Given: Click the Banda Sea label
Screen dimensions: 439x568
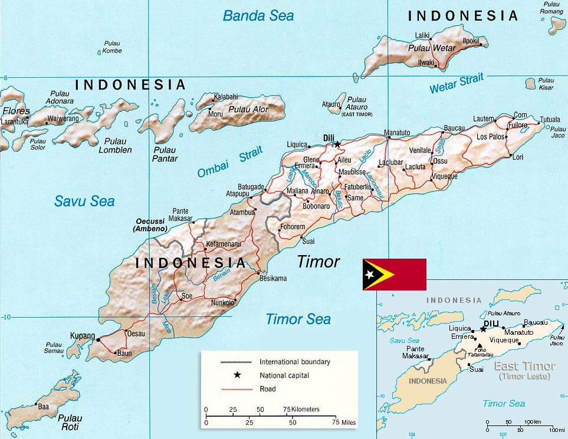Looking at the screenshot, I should (x=258, y=16).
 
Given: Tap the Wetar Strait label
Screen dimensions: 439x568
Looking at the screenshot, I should (x=456, y=84).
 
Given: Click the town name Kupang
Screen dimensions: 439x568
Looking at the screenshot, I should (x=83, y=336).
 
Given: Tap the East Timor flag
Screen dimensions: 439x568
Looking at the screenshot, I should (x=394, y=275).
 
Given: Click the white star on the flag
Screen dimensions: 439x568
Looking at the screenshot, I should (x=370, y=275).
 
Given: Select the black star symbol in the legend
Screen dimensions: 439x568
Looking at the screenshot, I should (x=237, y=375).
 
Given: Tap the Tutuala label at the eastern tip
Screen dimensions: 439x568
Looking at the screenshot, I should (x=550, y=119).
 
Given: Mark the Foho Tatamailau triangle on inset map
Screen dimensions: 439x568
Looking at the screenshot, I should (x=480, y=346).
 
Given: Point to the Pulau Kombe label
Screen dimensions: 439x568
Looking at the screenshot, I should (x=112, y=47).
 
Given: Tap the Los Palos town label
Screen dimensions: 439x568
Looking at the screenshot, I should (x=491, y=137).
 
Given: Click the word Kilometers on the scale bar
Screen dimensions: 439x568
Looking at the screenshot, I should (x=306, y=409).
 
